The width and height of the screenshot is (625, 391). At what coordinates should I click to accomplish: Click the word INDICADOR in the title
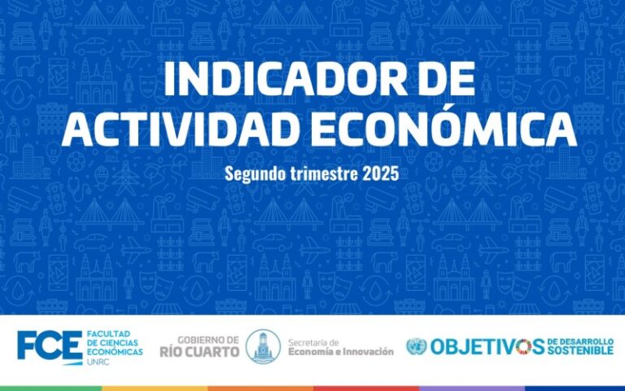pos(278,78)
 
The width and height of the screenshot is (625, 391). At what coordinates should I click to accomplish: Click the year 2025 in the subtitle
pos(380,174)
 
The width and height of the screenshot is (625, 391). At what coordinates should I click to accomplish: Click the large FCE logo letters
pos(50,345)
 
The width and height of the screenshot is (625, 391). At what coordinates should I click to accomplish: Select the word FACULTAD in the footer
pos(103,333)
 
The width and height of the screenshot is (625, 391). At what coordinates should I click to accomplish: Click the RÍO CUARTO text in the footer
pos(199,352)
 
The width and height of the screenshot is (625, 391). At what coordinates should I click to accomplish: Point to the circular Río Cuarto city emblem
pos(263,346)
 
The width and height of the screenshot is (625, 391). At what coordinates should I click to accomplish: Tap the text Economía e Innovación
pos(341,352)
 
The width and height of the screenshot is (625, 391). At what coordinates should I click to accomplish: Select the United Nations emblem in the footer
pos(416,346)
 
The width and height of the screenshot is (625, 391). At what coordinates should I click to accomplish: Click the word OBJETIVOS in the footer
pos(487,346)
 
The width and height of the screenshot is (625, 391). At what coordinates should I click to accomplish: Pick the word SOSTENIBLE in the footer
pos(580,351)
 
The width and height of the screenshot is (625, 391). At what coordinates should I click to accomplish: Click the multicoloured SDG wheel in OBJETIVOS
pos(524,346)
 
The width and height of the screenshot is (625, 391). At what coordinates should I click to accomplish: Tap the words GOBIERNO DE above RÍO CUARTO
pos(208,340)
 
